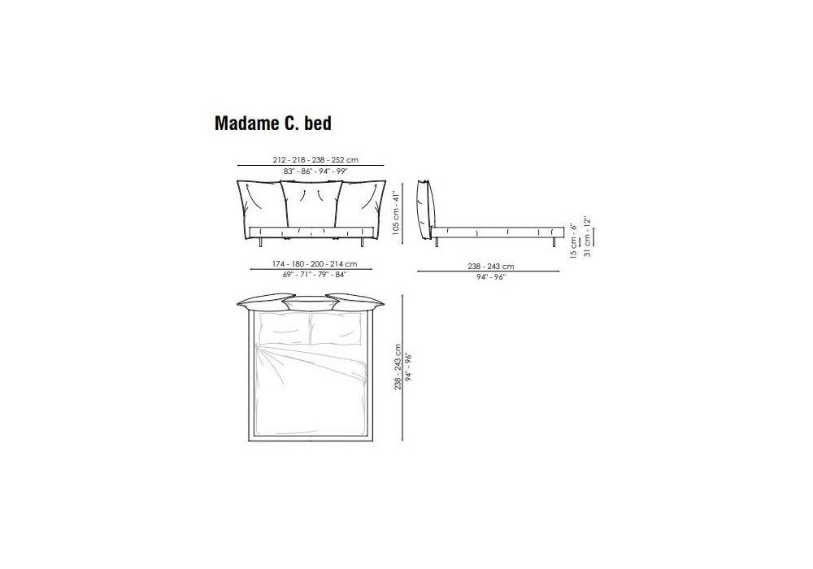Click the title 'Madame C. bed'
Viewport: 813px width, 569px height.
[x=272, y=124]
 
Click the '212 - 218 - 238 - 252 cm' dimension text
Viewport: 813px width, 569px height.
[x=315, y=159]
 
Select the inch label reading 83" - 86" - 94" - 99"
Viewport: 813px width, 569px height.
[x=315, y=172]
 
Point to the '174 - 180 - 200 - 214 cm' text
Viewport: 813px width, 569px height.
[x=315, y=263]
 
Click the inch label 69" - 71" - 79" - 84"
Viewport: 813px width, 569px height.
[x=315, y=275]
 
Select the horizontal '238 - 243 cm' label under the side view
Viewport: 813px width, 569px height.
[x=491, y=267]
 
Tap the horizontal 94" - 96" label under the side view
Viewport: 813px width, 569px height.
[x=491, y=277]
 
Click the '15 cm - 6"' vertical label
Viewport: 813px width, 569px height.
[x=573, y=241]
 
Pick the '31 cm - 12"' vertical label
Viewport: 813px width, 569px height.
[x=587, y=237]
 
